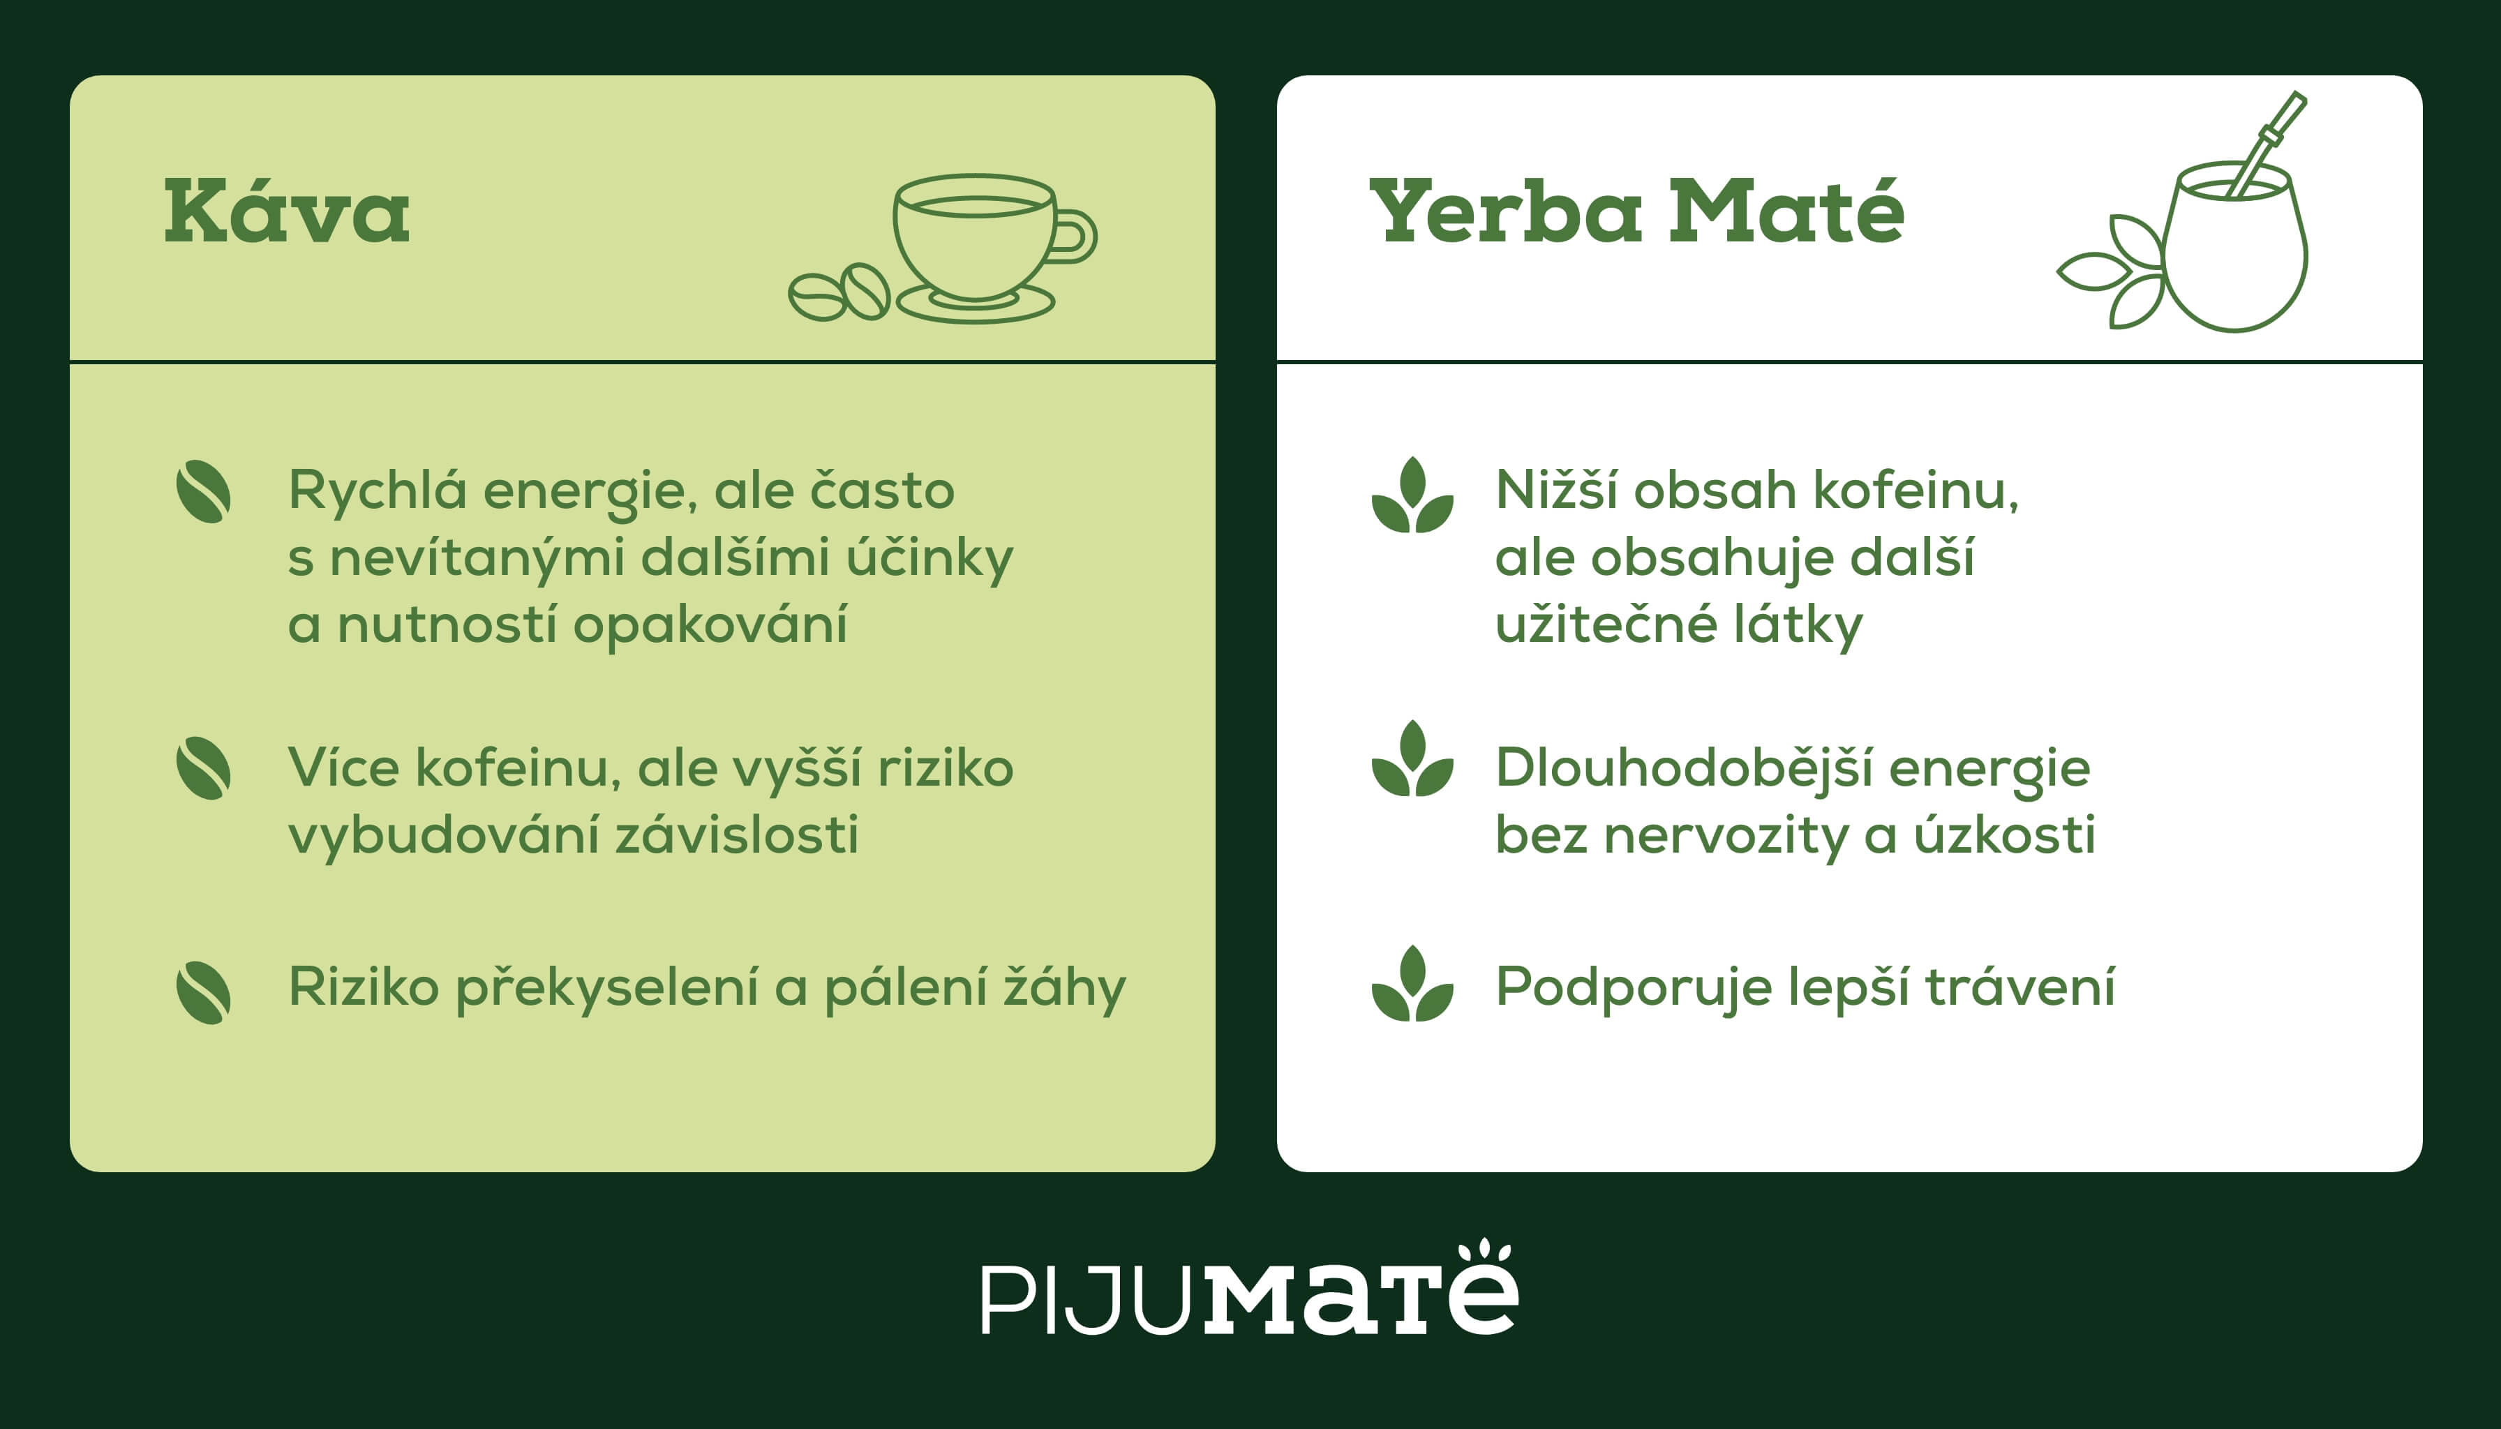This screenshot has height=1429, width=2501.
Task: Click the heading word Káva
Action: pos(287,212)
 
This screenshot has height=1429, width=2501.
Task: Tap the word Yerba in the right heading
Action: pos(1505,212)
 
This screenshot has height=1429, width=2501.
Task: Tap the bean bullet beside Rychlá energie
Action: pos(203,492)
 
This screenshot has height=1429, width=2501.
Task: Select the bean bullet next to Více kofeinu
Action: pos(203,768)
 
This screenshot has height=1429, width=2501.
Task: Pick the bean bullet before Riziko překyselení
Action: pos(203,992)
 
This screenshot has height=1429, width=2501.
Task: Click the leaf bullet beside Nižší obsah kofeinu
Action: pos(1412,495)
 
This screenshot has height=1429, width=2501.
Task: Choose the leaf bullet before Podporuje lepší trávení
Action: pos(1412,985)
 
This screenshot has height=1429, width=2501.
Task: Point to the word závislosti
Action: pos(736,835)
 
